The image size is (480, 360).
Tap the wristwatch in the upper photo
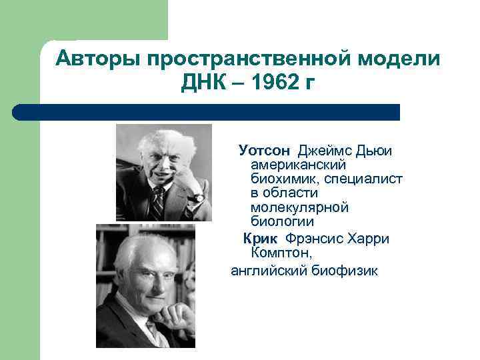[x=198, y=197]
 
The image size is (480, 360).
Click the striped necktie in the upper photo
[x=158, y=203]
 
